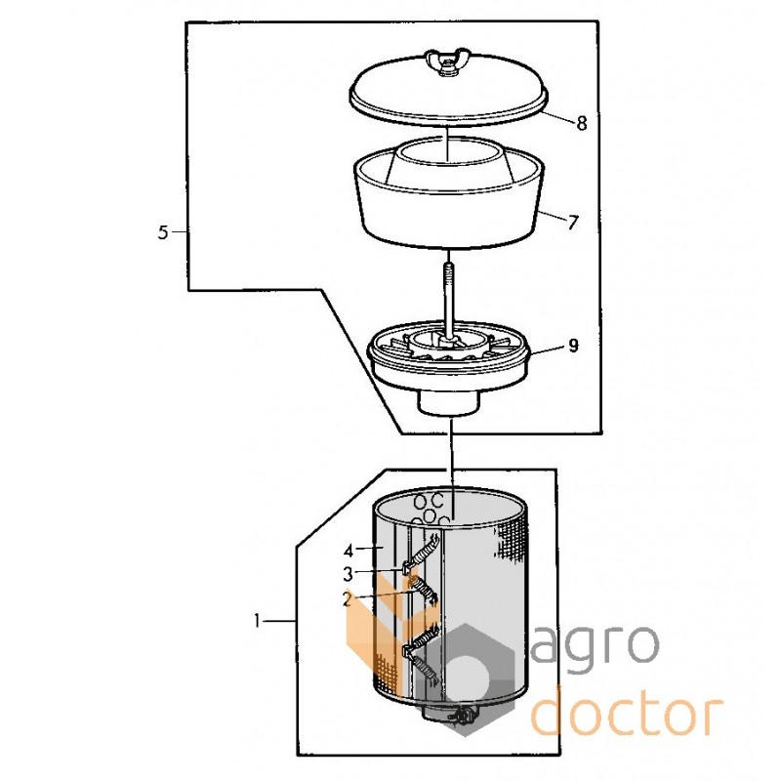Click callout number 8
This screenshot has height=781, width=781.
pyautogui.click(x=581, y=123)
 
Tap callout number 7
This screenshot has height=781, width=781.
pyautogui.click(x=573, y=222)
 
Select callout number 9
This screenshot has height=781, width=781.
pyautogui.click(x=573, y=346)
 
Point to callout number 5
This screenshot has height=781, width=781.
pyautogui.click(x=163, y=232)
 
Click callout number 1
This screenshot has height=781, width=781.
pyautogui.click(x=257, y=621)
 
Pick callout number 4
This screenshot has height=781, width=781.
pyautogui.click(x=349, y=551)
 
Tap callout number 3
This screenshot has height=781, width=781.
pyautogui.click(x=348, y=574)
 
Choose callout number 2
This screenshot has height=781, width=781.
pyautogui.click(x=348, y=599)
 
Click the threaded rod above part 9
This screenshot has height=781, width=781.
pyautogui.click(x=449, y=298)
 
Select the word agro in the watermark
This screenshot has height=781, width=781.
pyautogui.click(x=596, y=647)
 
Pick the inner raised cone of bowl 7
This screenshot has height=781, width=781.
pyautogui.click(x=448, y=165)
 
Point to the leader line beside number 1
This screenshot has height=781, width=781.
pyautogui.click(x=280, y=621)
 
